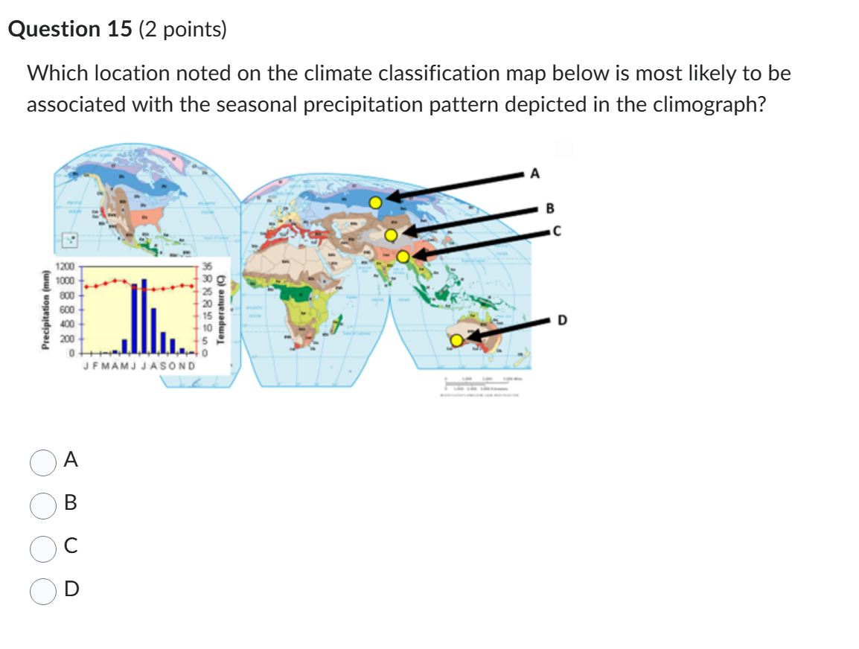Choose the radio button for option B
pyautogui.click(x=42, y=505)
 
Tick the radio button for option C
pyautogui.click(x=42, y=548)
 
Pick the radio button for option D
pyautogui.click(x=42, y=590)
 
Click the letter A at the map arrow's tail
pyautogui.click(x=533, y=174)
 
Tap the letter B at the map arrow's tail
pyautogui.click(x=550, y=207)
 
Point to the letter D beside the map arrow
pyautogui.click(x=563, y=320)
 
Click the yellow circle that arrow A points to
pyautogui.click(x=377, y=202)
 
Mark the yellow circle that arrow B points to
pyautogui.click(x=391, y=235)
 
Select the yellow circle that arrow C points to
pyautogui.click(x=403, y=257)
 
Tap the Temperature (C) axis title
pyautogui.click(x=220, y=307)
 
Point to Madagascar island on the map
pyautogui.click(x=340, y=324)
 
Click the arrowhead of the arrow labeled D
pyautogui.click(x=471, y=339)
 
